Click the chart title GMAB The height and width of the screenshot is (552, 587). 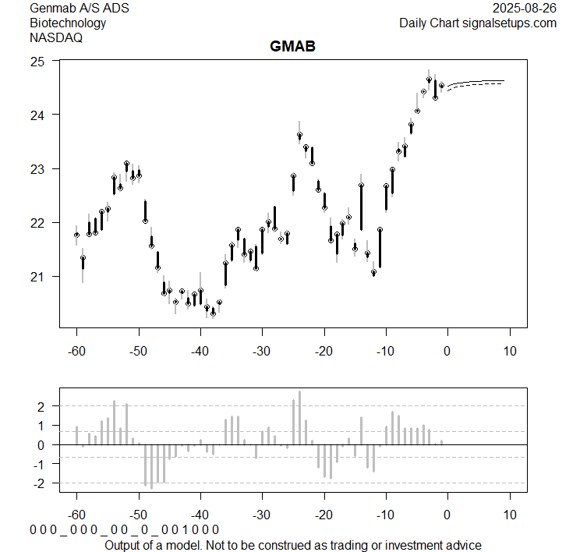click(x=292, y=47)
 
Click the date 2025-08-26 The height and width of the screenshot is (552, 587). click(x=525, y=9)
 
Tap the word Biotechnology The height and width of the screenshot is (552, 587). click(x=68, y=23)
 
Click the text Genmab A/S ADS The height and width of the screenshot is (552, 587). click(x=80, y=9)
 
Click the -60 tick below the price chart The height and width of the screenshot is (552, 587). click(x=76, y=351)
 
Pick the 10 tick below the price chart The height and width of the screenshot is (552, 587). click(x=509, y=351)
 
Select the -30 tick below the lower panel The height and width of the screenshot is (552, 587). click(x=262, y=515)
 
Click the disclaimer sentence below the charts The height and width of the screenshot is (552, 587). click(x=292, y=544)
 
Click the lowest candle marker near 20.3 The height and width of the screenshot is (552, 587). click(x=213, y=313)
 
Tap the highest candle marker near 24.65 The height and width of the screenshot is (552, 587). click(x=429, y=80)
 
